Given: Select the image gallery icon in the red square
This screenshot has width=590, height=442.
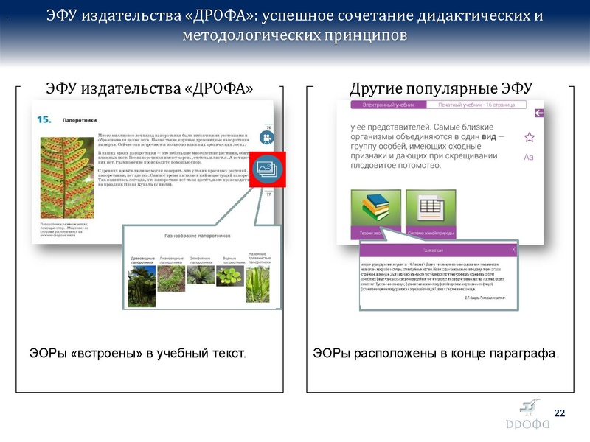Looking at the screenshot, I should (x=265, y=168).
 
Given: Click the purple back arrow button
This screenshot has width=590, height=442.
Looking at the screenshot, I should (x=539, y=113).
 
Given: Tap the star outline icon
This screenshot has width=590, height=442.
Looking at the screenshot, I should (x=529, y=137).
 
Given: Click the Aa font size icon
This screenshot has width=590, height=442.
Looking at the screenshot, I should (x=528, y=157).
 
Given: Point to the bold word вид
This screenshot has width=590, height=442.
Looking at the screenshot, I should (x=488, y=136).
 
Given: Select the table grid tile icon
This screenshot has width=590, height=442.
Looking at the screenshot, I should (x=427, y=209).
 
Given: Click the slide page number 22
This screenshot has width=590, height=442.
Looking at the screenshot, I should (x=559, y=411).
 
